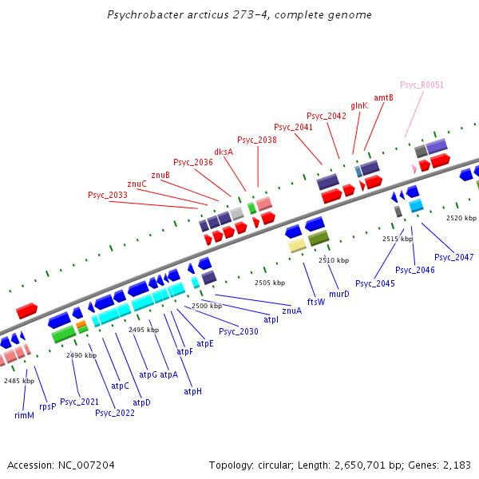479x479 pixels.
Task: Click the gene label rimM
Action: pyautogui.click(x=25, y=415)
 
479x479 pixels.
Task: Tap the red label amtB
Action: pyautogui.click(x=384, y=97)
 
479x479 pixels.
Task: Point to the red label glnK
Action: pyautogui.click(x=359, y=105)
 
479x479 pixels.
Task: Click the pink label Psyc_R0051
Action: pyautogui.click(x=422, y=85)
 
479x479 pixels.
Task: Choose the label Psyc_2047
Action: pyautogui.click(x=454, y=257)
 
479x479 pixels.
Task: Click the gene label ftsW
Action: pyautogui.click(x=316, y=302)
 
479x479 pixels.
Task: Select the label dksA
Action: pyautogui.click(x=224, y=152)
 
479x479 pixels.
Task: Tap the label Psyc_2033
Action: pyautogui.click(x=108, y=195)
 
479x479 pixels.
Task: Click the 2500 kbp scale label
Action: pyautogui.click(x=206, y=307)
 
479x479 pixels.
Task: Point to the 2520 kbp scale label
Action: pyautogui.click(x=461, y=218)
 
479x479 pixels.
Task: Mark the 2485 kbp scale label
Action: pyautogui.click(x=19, y=381)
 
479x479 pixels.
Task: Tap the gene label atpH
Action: pyautogui.click(x=192, y=391)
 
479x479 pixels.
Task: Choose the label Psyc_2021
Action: pyautogui.click(x=80, y=402)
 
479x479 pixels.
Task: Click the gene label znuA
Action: pyautogui.click(x=292, y=311)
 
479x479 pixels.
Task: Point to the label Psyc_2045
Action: pyautogui.click(x=375, y=283)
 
